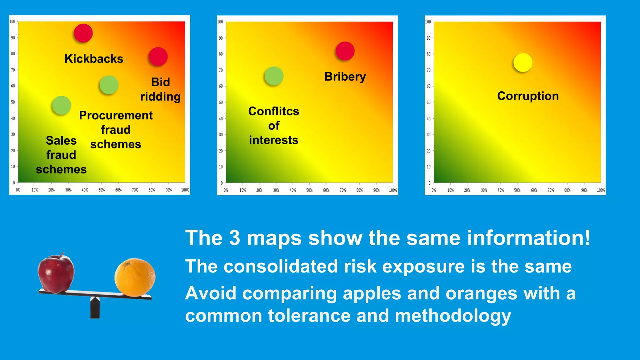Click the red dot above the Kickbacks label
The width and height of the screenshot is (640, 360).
tap(83, 33)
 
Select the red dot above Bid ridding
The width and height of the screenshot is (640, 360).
tap(158, 57)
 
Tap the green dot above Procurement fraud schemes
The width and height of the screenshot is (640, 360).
tap(109, 85)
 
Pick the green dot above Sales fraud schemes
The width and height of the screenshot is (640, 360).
tap(62, 105)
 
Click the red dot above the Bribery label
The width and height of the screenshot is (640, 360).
tap(345, 51)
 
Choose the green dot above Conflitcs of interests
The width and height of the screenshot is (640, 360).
tap(274, 76)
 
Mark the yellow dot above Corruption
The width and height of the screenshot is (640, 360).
tap(523, 62)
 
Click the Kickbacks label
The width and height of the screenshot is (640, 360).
tap(94, 59)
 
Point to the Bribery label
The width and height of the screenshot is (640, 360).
tap(345, 77)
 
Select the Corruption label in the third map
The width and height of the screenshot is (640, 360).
tap(528, 96)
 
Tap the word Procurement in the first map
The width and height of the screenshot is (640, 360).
tap(116, 115)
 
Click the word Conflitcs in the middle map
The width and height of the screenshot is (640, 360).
tap(273, 111)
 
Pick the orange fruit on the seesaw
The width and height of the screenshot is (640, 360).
tap(135, 277)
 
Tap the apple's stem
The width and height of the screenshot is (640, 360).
tap(62, 255)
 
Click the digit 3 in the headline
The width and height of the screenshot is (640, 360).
tap(234, 238)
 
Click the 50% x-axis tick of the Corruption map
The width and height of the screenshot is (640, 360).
tap(517, 190)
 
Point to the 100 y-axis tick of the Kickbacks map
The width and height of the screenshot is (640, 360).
tap(12, 22)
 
